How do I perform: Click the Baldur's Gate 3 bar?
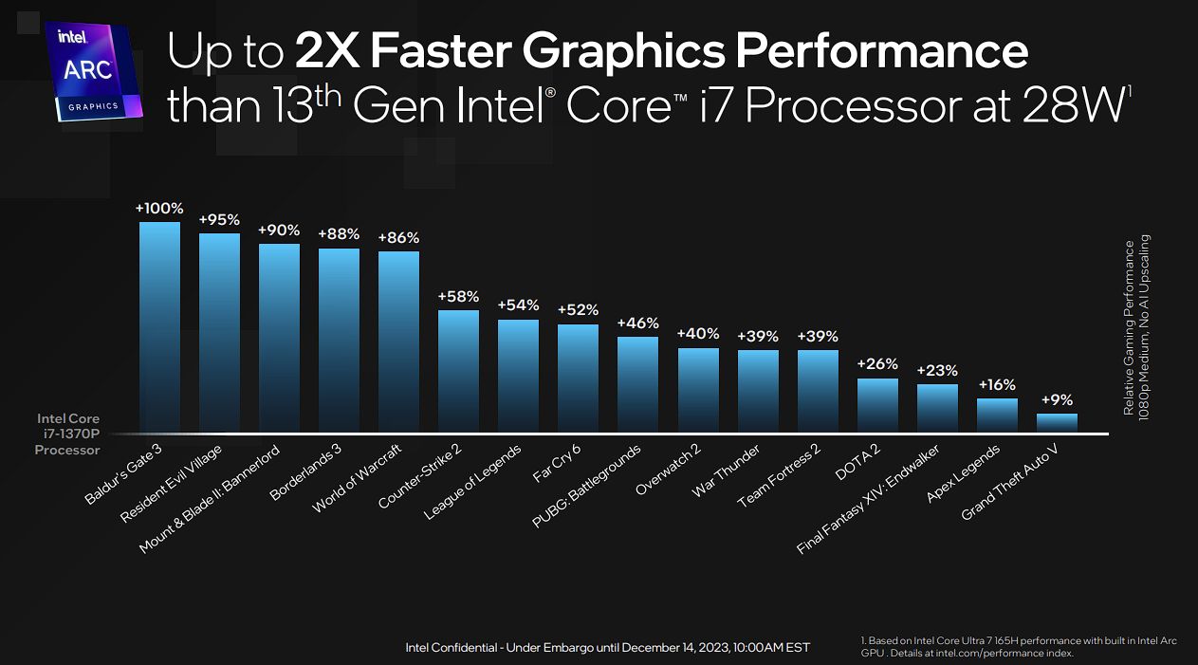159,327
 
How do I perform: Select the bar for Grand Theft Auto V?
1057,423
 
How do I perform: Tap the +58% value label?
458,297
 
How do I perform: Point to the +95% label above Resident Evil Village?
219,220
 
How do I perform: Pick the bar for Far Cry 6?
578,379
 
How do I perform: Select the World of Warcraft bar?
398,342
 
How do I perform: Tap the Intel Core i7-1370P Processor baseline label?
67,434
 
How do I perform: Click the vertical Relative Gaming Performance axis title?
1135,327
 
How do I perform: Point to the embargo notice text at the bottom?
607,647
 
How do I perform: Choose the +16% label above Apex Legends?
997,385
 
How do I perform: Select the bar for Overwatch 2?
698,390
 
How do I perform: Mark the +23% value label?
937,371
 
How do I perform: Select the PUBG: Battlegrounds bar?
637,384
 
